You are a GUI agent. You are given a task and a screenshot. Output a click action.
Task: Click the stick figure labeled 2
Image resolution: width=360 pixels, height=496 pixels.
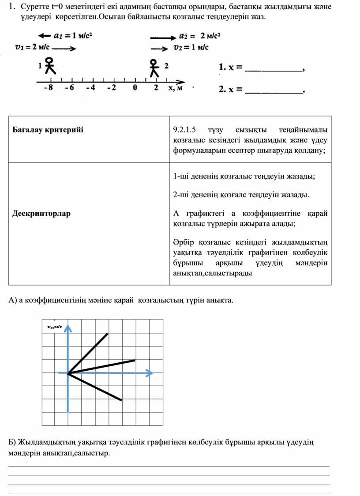(x=154, y=68)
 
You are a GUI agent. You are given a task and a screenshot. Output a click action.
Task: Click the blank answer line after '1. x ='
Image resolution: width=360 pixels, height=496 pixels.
(x=273, y=69)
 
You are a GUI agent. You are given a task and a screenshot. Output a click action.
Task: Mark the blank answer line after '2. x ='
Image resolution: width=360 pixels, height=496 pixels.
(x=273, y=92)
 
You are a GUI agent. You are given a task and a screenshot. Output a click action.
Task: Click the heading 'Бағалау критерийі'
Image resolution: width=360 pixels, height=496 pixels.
(x=48, y=130)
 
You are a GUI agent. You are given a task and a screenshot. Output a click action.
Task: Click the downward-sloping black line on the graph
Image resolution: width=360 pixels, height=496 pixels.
(x=95, y=387)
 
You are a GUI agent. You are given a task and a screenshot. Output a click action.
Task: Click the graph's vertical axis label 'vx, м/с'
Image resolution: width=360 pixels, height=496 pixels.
(x=55, y=327)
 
